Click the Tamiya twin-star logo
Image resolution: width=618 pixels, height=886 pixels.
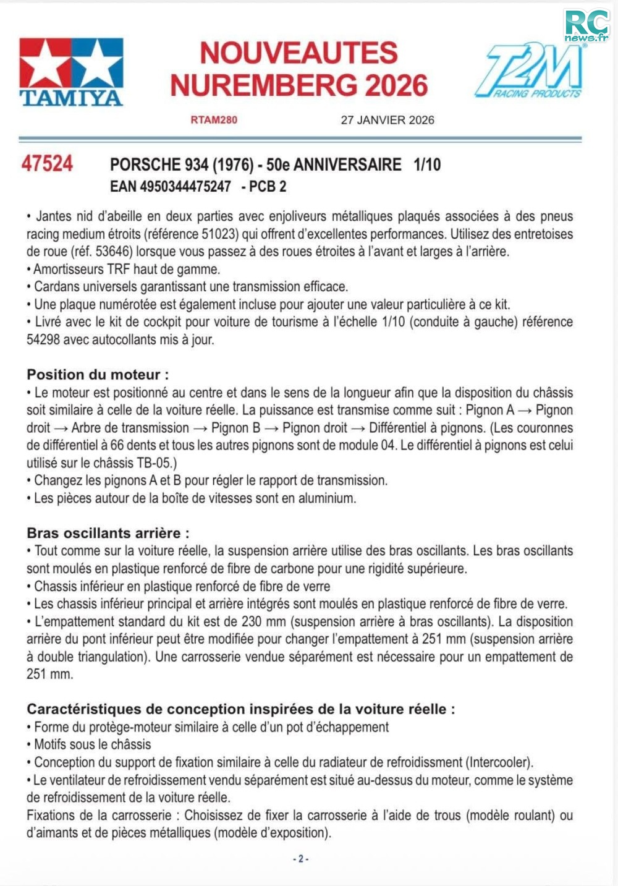[x=71, y=71]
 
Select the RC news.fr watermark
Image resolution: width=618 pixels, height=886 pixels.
[x=586, y=26]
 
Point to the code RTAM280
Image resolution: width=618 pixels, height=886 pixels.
[x=214, y=120]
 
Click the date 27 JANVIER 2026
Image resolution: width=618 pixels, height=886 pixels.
[x=387, y=120]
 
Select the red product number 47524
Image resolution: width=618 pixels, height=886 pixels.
[x=47, y=164]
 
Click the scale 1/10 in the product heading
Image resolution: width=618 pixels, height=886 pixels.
[x=427, y=164]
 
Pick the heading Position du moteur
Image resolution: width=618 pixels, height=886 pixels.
[x=98, y=374]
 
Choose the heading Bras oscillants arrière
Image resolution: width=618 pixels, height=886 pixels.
[x=108, y=533]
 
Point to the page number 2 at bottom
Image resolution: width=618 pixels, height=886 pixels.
[x=301, y=859]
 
